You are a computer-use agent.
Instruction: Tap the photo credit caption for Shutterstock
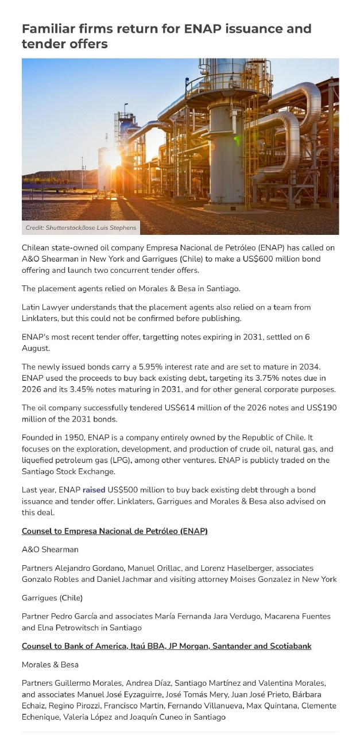81,228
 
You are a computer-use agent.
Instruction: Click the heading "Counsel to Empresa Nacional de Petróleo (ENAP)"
114,531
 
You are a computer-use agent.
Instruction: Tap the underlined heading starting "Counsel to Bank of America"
167,646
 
